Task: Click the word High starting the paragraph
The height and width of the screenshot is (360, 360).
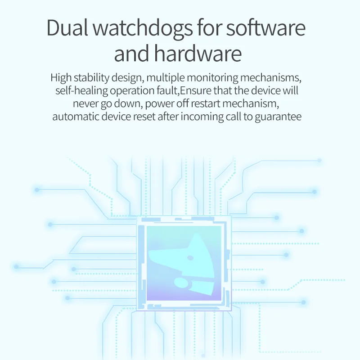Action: point(61,77)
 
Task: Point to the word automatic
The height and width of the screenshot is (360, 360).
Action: point(75,117)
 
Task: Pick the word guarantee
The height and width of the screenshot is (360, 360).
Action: point(282,117)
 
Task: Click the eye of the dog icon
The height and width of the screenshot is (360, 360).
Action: point(190,258)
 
